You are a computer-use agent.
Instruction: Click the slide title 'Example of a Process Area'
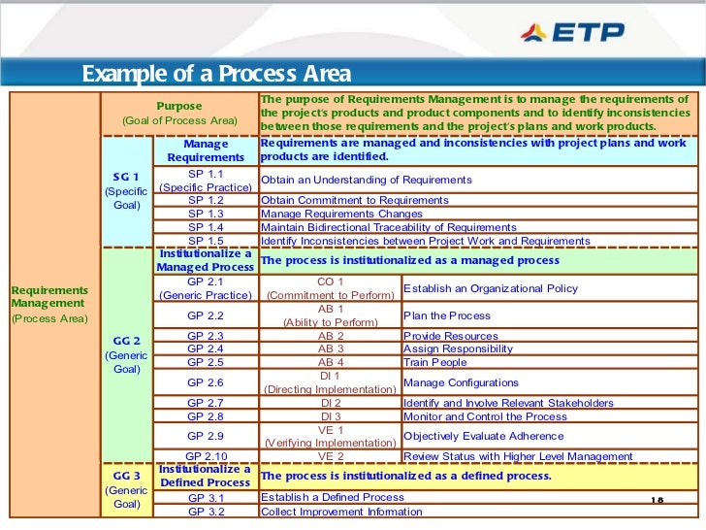coord(215,75)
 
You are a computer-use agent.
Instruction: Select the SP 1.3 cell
coord(206,214)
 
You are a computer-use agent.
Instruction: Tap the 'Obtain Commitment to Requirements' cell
coord(355,200)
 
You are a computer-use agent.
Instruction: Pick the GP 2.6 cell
coord(206,383)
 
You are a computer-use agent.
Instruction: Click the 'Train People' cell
coord(435,362)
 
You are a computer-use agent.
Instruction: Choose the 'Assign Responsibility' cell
coord(458,348)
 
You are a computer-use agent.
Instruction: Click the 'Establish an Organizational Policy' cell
coord(490,288)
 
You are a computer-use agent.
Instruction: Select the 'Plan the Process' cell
coord(447,315)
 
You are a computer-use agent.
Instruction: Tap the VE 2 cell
coord(331,456)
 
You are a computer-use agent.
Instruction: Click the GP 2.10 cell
coord(206,456)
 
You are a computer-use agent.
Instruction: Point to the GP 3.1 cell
coord(206,498)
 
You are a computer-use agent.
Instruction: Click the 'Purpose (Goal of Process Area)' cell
coord(179,113)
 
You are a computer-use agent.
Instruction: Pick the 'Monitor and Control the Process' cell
coord(485,416)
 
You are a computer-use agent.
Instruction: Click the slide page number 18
coord(658,499)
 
